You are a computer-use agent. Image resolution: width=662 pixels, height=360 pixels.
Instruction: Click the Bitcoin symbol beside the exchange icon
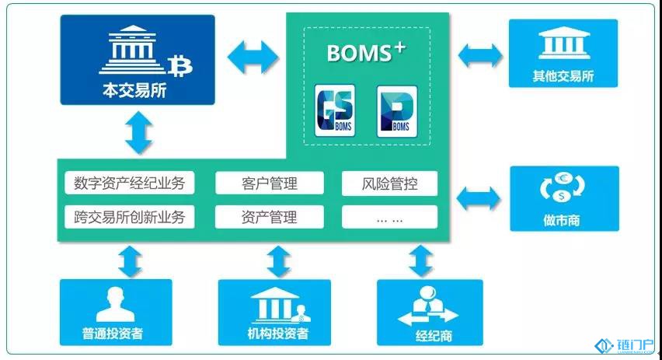[183, 65]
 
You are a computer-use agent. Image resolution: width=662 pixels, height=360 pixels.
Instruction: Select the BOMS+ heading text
[366, 54]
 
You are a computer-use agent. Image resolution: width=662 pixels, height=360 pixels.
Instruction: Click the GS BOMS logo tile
[334, 111]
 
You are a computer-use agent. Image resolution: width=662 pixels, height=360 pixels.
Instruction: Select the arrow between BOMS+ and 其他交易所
[480, 55]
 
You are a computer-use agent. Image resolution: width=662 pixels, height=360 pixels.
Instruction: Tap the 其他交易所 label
[563, 78]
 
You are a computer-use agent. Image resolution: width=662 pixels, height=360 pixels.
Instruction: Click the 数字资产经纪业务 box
[130, 183]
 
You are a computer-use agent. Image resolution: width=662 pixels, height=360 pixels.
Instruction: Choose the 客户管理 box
[269, 183]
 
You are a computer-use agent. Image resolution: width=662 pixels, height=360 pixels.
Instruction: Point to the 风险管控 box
[389, 183]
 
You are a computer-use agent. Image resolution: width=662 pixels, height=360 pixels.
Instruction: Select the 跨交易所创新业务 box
[130, 217]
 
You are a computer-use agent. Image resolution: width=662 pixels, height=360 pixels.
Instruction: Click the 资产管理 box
[269, 217]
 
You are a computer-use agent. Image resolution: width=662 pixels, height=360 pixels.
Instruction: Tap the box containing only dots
[389, 217]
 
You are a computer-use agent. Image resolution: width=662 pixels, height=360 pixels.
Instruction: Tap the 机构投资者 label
[273, 335]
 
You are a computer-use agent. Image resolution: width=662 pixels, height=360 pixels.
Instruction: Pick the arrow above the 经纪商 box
[420, 261]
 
